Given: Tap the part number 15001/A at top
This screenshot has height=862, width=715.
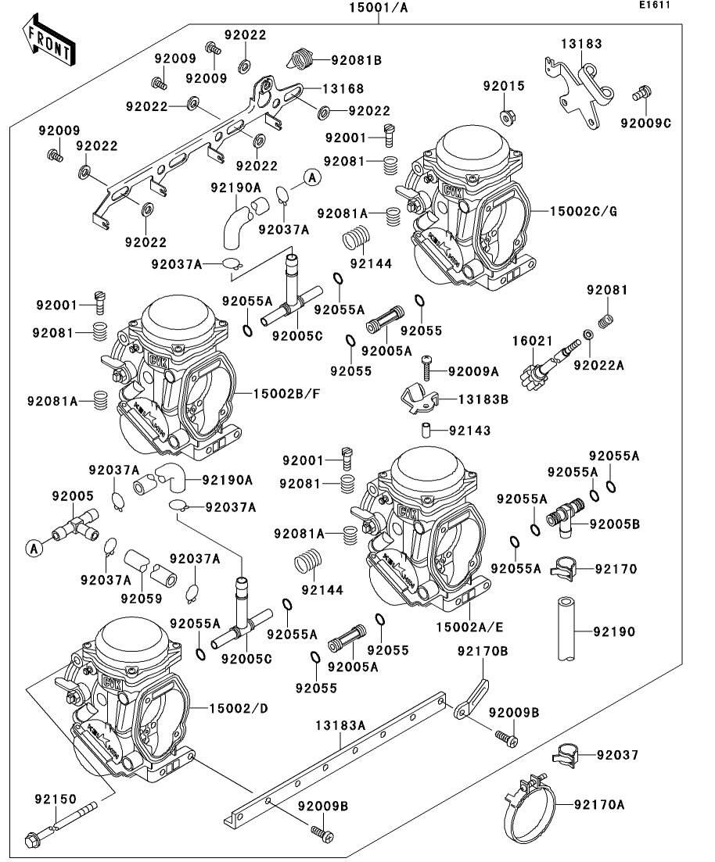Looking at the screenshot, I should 379,9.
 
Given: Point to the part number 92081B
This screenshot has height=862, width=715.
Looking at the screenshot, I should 356,59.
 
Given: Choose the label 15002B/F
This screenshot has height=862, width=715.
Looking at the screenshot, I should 286,393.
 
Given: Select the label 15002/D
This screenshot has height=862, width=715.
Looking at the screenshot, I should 238,708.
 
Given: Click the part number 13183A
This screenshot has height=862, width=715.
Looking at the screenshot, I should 340,725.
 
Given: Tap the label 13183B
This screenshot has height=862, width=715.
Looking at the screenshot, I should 483,399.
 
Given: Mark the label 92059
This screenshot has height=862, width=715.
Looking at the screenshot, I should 142,599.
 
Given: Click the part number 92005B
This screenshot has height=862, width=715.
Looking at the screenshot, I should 614,524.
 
